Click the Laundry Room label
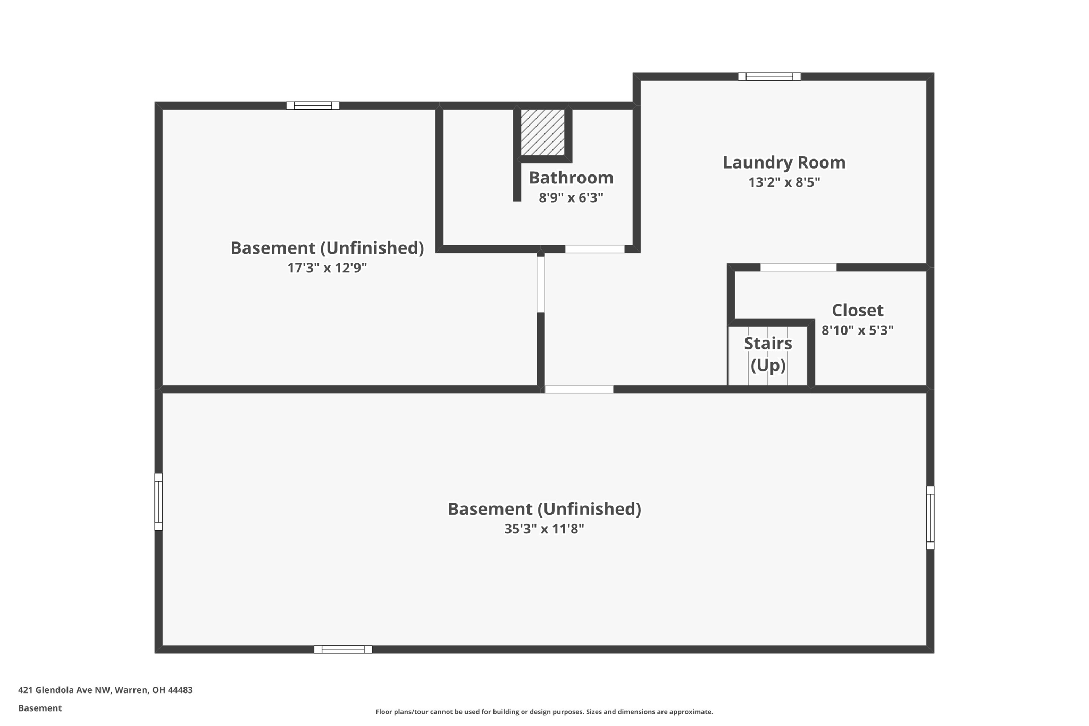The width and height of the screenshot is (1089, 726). (x=784, y=163)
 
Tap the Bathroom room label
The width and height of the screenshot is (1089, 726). (x=571, y=178)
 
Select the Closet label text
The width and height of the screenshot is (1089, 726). (x=857, y=310)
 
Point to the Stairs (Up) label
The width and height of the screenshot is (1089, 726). (x=768, y=354)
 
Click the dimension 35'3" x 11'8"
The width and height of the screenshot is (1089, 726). (x=544, y=529)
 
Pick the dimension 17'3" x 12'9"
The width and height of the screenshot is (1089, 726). (x=327, y=268)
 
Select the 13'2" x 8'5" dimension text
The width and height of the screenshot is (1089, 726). (x=784, y=182)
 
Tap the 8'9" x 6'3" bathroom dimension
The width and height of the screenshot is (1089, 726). (x=571, y=198)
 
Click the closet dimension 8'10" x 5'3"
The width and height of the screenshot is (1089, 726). (x=857, y=330)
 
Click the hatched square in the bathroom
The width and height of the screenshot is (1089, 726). (x=542, y=132)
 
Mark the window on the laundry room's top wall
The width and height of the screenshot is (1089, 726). (x=769, y=77)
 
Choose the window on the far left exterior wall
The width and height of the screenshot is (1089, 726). (x=158, y=502)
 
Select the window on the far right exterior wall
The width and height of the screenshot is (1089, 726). (x=930, y=518)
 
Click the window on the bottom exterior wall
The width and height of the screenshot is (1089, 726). (x=343, y=649)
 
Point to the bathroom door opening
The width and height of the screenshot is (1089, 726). (x=594, y=249)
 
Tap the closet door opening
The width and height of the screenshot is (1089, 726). (x=798, y=268)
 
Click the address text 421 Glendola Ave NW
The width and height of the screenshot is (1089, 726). (x=105, y=690)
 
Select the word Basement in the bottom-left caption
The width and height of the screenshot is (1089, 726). (x=40, y=708)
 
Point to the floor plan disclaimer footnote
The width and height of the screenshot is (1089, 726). (x=544, y=712)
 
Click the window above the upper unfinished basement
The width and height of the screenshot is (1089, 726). (x=313, y=105)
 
